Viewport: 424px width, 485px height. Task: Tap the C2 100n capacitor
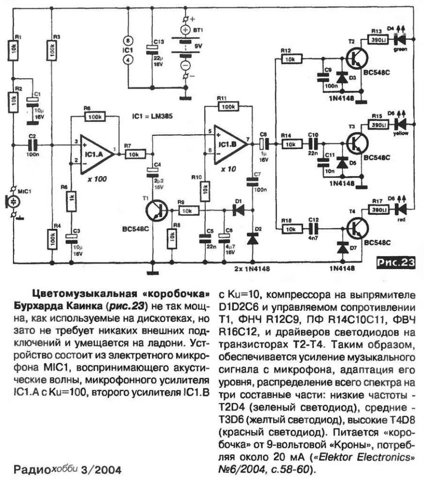tap(33, 144)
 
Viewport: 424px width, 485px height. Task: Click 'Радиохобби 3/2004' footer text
tap(66, 469)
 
